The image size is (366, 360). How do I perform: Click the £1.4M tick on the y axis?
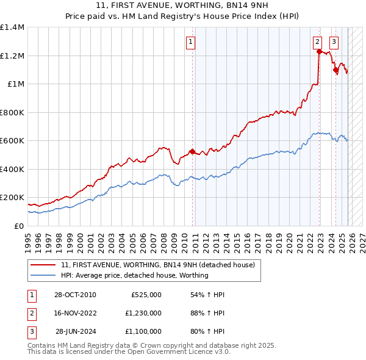(12, 27)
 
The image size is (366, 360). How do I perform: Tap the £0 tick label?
(20, 226)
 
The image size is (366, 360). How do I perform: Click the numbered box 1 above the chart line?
(191, 42)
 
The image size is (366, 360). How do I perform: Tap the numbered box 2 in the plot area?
(318, 42)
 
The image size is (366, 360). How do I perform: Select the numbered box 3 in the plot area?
(334, 42)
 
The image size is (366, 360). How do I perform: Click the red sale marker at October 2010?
(192, 152)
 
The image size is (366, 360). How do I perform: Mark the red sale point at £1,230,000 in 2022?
(319, 52)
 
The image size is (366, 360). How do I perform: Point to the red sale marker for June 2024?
(335, 70)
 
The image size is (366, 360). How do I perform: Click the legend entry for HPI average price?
(135, 275)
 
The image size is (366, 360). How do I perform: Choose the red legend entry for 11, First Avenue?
(161, 265)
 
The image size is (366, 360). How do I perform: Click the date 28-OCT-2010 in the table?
(75, 295)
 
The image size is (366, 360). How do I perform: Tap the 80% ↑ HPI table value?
(207, 331)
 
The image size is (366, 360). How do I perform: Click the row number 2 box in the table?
(31, 313)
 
